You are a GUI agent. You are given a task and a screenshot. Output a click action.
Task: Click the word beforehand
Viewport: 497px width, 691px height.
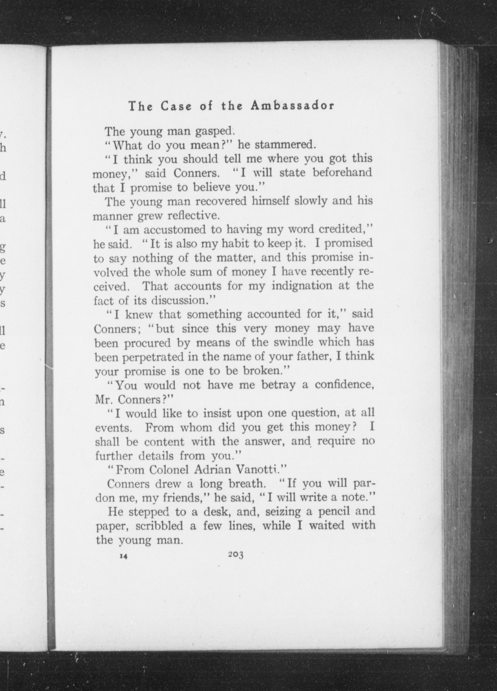[343, 172]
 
